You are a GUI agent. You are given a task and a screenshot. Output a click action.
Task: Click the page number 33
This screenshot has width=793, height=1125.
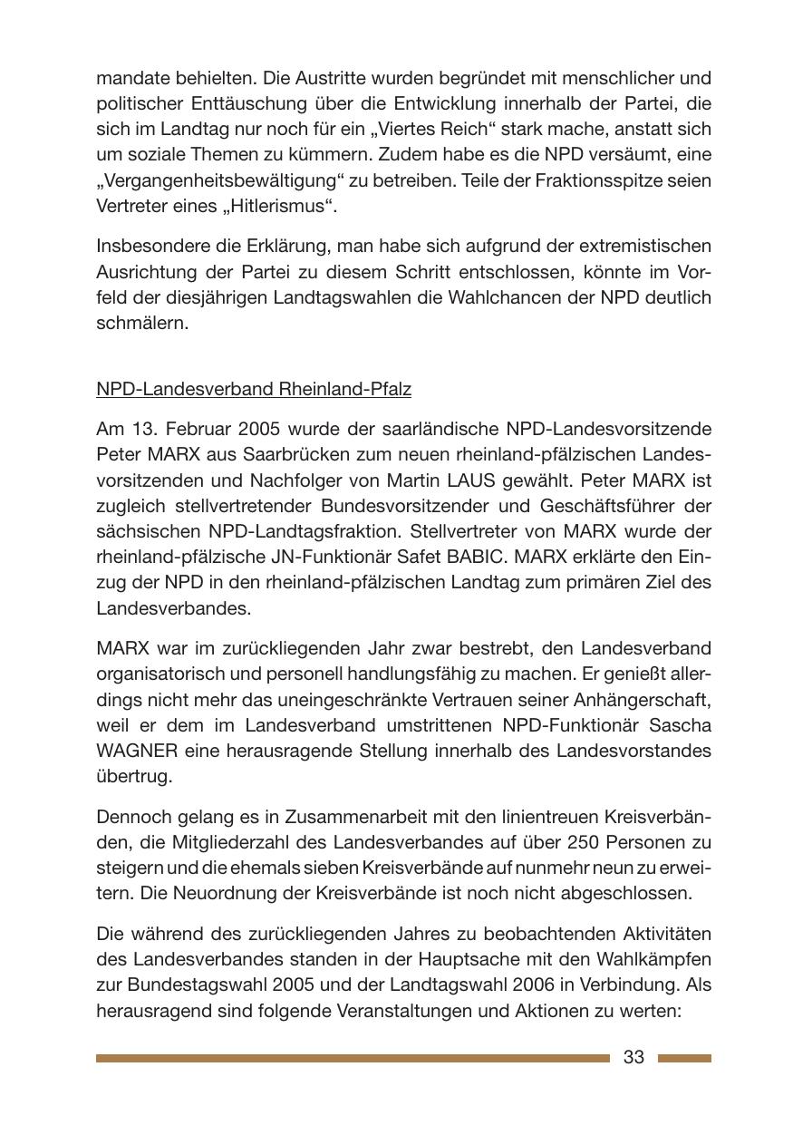[633, 1057]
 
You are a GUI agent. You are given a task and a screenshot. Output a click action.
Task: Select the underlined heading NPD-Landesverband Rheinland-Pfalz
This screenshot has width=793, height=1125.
[254, 389]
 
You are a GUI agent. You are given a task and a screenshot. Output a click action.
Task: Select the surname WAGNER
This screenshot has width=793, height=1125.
[137, 751]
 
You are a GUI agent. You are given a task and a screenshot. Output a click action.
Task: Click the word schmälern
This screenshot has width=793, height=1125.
[142, 323]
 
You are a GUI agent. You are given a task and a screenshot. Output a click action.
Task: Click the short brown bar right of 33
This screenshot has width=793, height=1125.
[683, 1058]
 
